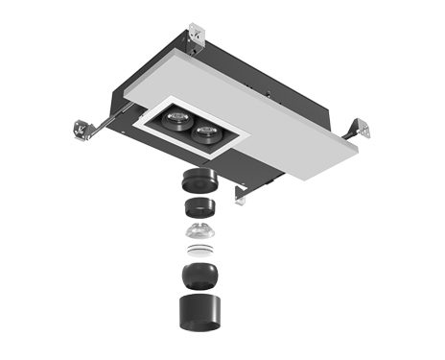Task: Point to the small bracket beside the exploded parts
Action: coord(242,194)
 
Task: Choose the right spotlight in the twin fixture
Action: coord(204,133)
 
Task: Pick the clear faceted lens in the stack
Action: coord(199,232)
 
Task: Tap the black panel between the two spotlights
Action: coord(190,127)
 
